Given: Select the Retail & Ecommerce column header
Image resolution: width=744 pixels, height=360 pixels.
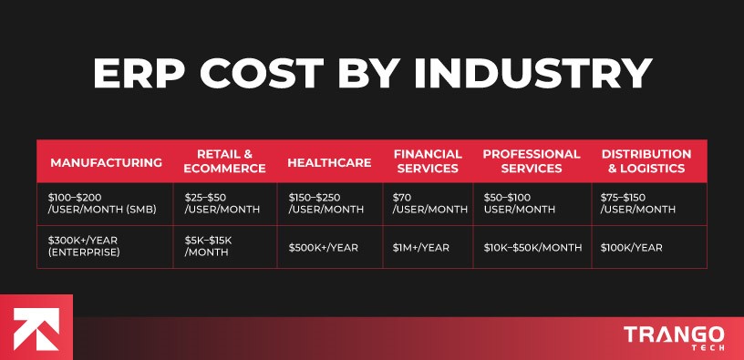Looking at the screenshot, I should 224,161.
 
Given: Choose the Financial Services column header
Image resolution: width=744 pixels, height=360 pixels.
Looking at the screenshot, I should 428,161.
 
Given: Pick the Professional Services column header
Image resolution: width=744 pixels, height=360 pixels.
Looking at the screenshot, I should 532,161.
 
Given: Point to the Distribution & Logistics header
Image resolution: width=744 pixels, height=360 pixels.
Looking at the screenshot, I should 646,161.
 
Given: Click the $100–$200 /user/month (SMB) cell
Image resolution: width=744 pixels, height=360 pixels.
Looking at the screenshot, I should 103,203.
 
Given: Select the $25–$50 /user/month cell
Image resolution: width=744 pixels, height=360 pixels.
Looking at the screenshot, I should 222,203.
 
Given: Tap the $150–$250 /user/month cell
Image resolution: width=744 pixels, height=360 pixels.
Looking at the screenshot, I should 326,203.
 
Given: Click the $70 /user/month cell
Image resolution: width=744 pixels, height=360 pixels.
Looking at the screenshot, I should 429,203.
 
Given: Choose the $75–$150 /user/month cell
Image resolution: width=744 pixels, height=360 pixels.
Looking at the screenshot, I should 638,203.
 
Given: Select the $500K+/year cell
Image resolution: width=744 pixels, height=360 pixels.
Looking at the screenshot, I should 324,247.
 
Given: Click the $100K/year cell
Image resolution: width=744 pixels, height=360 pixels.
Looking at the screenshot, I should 632,247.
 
